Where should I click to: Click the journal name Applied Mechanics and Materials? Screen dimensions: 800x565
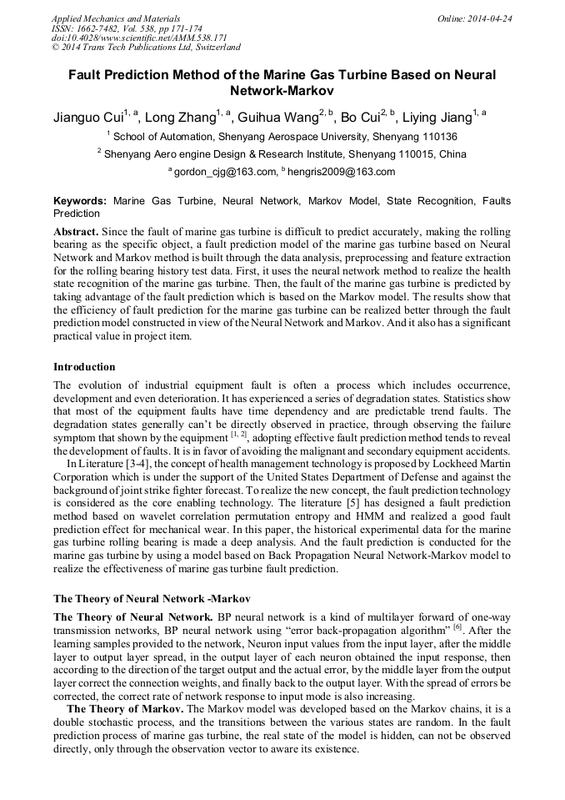116,18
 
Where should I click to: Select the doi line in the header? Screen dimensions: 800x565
139,38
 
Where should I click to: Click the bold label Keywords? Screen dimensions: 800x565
80,201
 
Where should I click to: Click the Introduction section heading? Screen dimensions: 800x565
84,366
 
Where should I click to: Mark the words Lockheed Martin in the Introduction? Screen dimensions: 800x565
472,464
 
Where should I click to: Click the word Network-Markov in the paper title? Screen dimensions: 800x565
282,90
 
